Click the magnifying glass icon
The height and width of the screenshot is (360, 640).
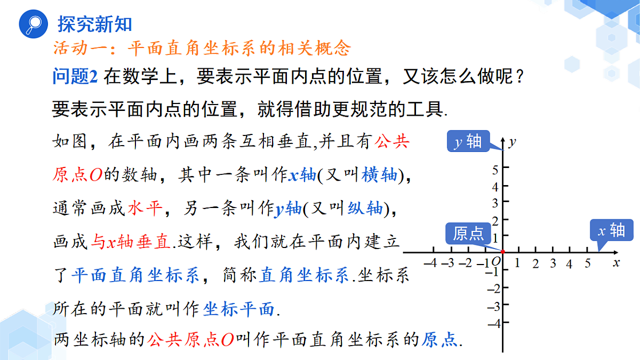[34, 24]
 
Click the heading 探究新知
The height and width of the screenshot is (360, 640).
[95, 24]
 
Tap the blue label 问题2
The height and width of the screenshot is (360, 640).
[75, 76]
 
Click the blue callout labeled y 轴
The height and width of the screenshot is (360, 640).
[469, 141]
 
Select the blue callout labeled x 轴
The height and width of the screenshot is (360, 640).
[612, 230]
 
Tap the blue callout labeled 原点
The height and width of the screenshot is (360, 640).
[468, 234]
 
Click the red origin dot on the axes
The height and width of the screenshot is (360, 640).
[503, 252]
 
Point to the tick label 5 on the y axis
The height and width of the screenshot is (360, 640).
[495, 170]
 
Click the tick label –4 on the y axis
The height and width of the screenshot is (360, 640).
[494, 324]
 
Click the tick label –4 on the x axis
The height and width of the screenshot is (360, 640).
[430, 262]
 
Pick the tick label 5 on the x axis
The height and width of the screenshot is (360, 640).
[587, 263]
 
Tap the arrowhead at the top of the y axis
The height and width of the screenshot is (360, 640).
[503, 140]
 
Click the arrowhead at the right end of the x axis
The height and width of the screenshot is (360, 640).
[615, 253]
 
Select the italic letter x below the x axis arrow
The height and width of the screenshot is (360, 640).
[617, 263]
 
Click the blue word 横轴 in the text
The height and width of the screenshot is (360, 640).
[379, 175]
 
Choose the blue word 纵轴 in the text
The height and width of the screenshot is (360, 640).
[365, 209]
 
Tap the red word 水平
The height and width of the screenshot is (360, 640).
[145, 208]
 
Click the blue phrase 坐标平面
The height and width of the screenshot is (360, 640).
[238, 309]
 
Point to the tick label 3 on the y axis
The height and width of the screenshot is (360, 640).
[495, 203]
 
